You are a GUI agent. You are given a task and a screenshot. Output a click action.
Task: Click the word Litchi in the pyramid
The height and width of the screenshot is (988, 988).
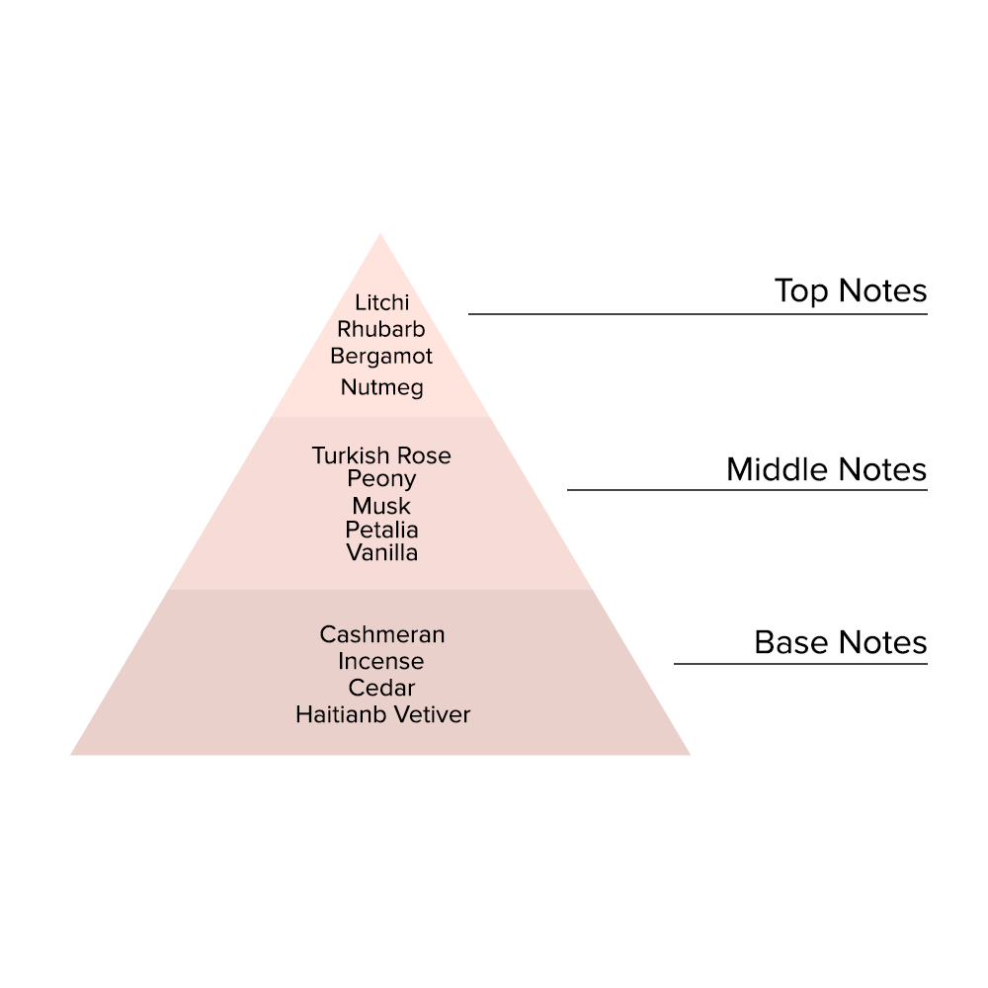pos(381,303)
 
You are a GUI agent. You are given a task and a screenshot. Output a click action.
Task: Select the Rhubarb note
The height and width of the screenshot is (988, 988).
pos(381,329)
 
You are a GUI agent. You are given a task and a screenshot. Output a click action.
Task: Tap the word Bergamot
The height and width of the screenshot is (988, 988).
pos(381,356)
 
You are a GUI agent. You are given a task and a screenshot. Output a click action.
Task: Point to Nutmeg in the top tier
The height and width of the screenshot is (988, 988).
pos(381,387)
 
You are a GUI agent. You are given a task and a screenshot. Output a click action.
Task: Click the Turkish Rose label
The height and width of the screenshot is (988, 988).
pos(381,455)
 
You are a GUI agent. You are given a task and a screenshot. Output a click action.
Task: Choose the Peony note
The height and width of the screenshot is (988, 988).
pos(381,479)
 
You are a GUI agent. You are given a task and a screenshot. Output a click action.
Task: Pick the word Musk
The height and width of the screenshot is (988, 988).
pos(381,507)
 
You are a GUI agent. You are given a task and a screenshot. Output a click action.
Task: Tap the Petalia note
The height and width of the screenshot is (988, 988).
pos(381,530)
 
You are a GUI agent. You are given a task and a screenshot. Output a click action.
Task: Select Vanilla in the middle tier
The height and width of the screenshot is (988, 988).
pos(381,553)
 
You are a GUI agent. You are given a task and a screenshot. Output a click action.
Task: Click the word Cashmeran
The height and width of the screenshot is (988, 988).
pos(382,634)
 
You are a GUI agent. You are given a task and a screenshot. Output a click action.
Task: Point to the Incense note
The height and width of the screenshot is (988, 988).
pos(381,661)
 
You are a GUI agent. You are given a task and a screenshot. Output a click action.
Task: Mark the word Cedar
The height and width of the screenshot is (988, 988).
pos(381,688)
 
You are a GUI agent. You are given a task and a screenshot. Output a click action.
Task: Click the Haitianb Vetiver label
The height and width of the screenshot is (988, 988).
pos(382,713)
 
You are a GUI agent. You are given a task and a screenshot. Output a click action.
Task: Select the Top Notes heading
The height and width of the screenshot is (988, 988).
pos(851,291)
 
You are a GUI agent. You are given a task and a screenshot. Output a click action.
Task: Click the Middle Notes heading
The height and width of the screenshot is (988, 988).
pos(826,469)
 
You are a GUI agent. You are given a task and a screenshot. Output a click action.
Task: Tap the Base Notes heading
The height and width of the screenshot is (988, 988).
pos(840,643)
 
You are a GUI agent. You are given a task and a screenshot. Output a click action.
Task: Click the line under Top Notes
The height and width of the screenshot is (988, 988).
pos(698,314)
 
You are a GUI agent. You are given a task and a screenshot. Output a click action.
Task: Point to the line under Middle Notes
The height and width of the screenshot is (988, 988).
pos(747,490)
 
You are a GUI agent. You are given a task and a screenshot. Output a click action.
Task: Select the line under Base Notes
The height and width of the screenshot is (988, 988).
pos(800,664)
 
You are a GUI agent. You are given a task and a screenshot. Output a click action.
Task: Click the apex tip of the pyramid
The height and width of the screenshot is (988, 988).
pos(380,238)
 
